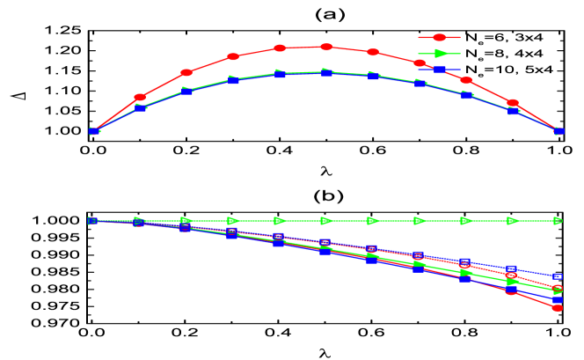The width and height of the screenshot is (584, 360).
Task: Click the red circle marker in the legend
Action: [440, 38]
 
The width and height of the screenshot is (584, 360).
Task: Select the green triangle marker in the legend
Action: [440, 54]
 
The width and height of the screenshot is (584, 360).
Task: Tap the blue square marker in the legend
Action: [440, 69]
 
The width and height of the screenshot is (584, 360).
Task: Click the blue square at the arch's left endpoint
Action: [93, 131]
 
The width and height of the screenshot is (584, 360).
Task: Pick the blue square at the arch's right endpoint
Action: [559, 131]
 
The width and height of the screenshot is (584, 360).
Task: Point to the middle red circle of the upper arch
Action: [326, 47]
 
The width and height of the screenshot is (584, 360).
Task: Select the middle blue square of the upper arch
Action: [326, 72]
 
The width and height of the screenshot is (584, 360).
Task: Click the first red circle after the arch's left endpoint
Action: [140, 98]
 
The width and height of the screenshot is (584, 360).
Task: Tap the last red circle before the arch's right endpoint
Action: [513, 103]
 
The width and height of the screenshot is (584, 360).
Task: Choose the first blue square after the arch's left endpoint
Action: [140, 108]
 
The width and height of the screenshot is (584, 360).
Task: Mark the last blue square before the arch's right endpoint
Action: [513, 111]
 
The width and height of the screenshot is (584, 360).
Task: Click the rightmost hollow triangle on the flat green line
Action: [558, 221]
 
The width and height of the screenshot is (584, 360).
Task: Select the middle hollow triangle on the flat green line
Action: [326, 221]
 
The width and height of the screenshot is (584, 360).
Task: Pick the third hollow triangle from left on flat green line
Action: [186, 221]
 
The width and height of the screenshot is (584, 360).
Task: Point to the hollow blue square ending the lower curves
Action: [557, 276]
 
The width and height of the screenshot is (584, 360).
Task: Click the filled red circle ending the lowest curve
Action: [557, 308]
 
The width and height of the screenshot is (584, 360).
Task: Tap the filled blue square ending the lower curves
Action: [557, 300]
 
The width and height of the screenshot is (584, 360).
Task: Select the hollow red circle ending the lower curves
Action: [557, 290]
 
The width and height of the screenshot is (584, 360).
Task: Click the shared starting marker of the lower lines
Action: [93, 221]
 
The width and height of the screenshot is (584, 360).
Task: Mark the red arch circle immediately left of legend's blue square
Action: [420, 62]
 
